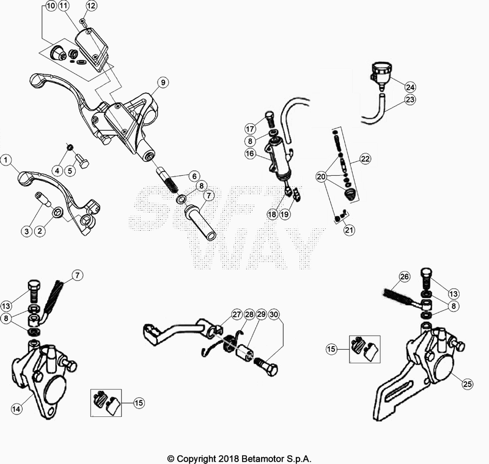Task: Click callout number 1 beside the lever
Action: pos(7,161)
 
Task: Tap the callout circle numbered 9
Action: pos(162,82)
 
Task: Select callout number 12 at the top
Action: pos(91,6)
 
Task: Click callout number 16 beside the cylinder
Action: pos(251,155)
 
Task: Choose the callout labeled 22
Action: pos(366,159)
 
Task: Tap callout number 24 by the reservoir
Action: pos(410,86)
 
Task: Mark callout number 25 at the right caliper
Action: pos(467,384)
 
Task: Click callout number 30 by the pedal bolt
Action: pos(274,314)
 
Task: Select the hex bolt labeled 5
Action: pos(84,163)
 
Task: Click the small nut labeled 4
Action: pos(71,147)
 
